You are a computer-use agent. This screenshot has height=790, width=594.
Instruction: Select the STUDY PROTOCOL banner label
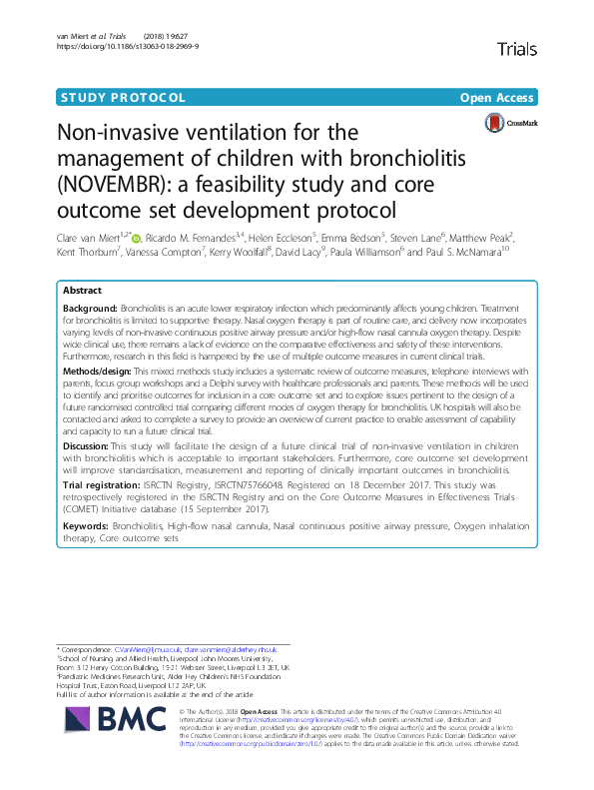(x=122, y=98)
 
